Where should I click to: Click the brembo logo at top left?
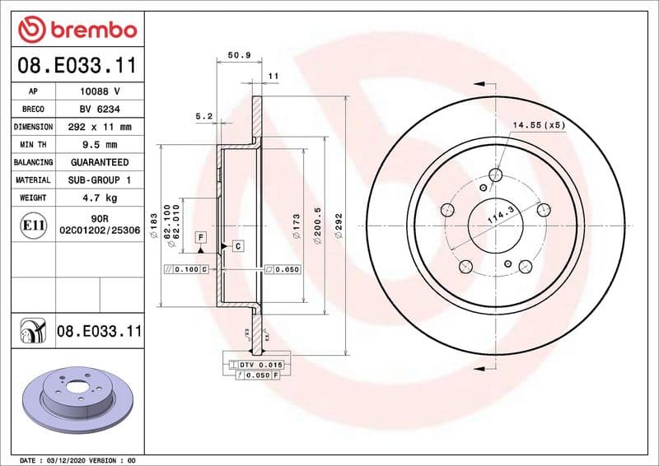click(x=77, y=29)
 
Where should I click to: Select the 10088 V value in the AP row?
click(x=100, y=91)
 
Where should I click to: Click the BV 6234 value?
click(x=100, y=110)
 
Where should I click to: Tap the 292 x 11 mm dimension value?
click(x=100, y=128)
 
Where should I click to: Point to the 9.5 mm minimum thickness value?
click(x=100, y=145)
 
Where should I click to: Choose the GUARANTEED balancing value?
click(x=100, y=163)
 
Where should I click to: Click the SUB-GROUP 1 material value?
click(x=100, y=180)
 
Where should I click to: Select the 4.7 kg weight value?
click(x=100, y=198)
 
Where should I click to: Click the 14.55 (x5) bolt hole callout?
click(x=539, y=125)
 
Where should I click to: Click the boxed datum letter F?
click(x=200, y=236)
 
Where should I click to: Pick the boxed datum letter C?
click(x=237, y=245)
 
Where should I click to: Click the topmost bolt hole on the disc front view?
click(x=495, y=175)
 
